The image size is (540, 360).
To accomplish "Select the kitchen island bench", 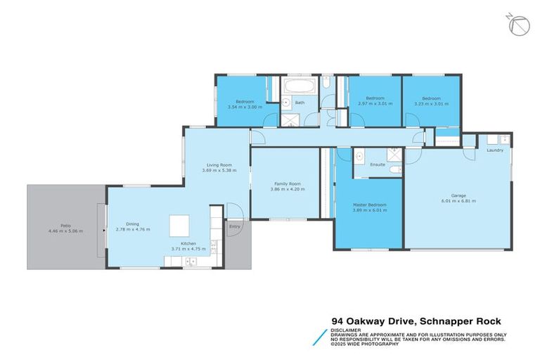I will pyautogui.click(x=179, y=226).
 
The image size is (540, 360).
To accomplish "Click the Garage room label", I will pyautogui.click(x=458, y=196).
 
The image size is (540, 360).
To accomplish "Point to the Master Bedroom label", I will pyautogui.click(x=369, y=205).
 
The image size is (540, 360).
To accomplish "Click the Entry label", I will pyautogui.click(x=234, y=227).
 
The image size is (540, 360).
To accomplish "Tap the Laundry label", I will pyautogui.click(x=494, y=150).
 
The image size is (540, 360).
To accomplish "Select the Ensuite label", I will pyautogui.click(x=378, y=165).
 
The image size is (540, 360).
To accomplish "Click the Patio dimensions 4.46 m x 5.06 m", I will pyautogui.click(x=65, y=231).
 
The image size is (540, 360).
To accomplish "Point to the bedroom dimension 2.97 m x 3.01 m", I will pyautogui.click(x=375, y=103).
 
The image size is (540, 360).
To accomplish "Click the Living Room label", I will pyautogui.click(x=217, y=165).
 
